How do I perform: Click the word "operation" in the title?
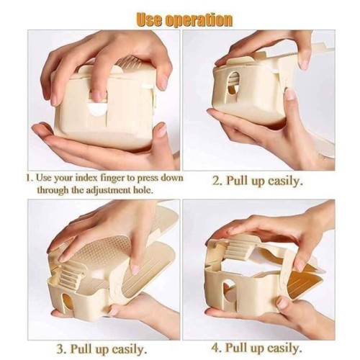point(199,20)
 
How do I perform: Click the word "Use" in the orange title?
point(150,19)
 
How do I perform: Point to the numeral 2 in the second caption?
point(217,181)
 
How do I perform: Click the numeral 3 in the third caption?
point(60,348)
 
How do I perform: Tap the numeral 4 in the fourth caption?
point(215,348)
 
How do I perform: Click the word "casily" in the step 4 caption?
point(284,348)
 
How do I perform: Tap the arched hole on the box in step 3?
point(68,303)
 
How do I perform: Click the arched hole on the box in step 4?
point(228,294)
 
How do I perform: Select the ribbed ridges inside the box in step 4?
point(236,251)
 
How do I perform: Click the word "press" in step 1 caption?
point(148,179)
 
